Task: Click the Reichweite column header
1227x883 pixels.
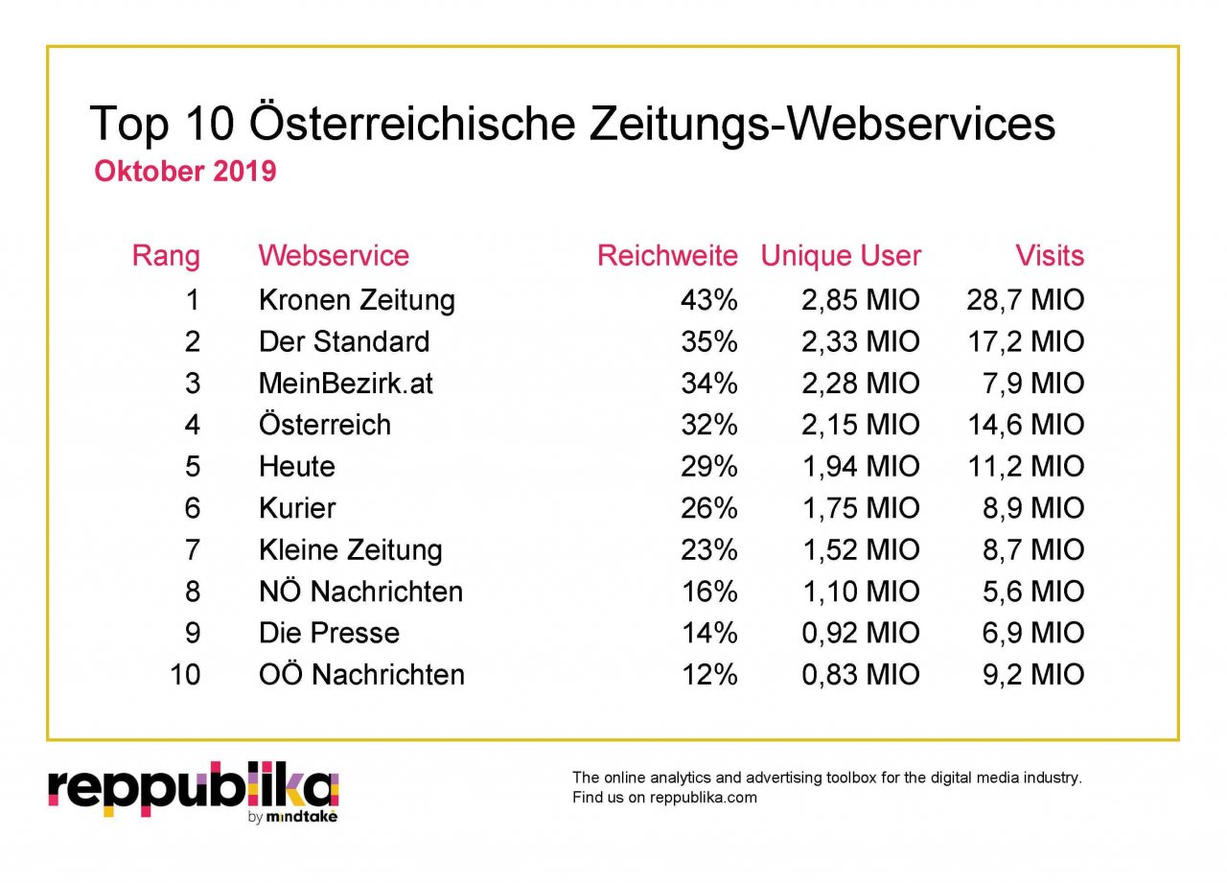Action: click(x=667, y=256)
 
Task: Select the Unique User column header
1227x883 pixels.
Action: click(x=841, y=256)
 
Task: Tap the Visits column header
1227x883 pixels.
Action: click(x=1050, y=256)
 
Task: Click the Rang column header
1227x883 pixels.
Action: click(x=166, y=256)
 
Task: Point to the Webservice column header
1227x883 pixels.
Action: click(x=334, y=256)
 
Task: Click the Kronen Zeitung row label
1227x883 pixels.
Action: click(x=357, y=300)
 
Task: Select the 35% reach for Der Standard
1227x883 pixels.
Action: click(x=709, y=341)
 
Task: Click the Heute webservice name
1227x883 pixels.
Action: click(x=297, y=467)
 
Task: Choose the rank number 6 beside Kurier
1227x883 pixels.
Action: click(x=192, y=508)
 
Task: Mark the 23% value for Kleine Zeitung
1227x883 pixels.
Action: click(x=709, y=550)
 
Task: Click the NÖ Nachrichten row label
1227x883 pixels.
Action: click(x=360, y=592)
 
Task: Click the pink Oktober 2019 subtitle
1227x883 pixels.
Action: click(x=185, y=172)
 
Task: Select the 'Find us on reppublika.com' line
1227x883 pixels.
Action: click(x=664, y=798)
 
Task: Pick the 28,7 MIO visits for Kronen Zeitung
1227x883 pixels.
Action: click(x=1026, y=300)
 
